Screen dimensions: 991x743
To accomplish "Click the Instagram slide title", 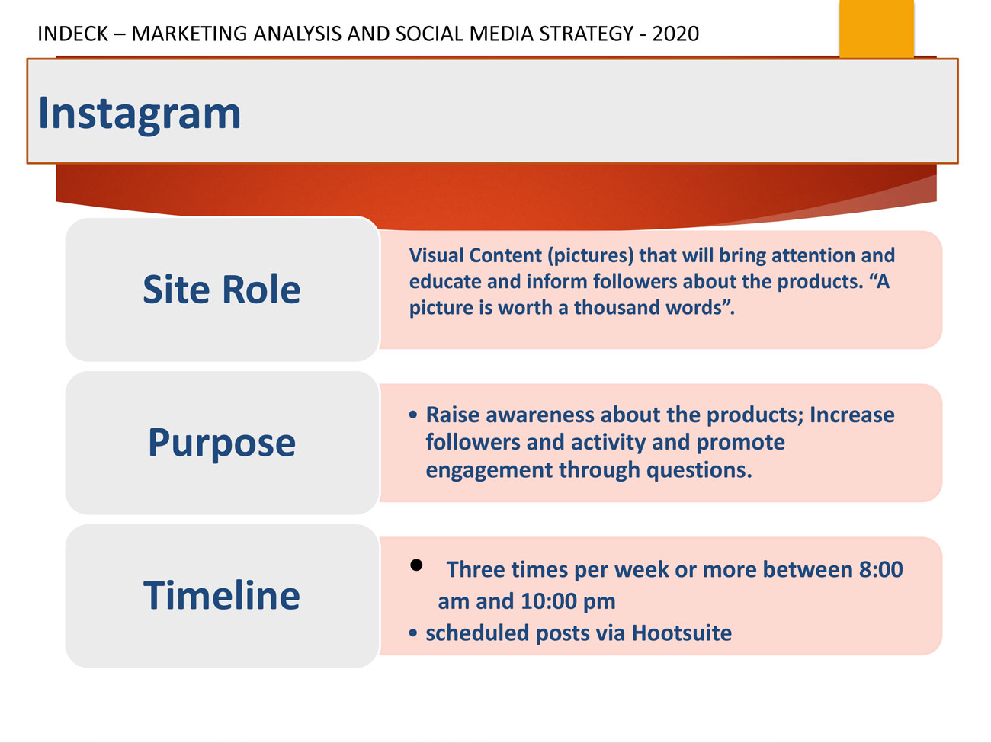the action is click(140, 114).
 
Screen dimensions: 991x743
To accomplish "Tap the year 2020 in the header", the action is click(675, 34).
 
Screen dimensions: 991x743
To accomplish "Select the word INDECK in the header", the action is click(72, 34).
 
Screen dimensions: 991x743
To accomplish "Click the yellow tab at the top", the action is click(877, 28).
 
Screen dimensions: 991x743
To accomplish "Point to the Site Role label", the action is click(222, 289).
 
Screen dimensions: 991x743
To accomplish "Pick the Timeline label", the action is click(222, 595).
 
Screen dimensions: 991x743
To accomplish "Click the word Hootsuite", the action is click(682, 633).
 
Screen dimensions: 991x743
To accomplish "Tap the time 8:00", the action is click(880, 569).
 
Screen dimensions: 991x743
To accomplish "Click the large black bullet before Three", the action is click(416, 565).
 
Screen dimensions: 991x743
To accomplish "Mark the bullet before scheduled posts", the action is click(412, 633).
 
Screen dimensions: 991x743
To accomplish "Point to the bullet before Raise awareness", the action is click(412, 415).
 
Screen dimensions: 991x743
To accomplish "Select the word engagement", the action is click(489, 470).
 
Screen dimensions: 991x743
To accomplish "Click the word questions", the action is click(699, 470).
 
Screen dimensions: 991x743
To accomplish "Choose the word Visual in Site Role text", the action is click(436, 255).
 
